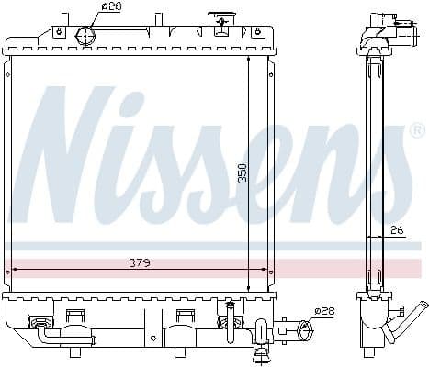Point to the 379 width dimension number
tap(140, 262)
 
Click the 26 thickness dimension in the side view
tap(395, 229)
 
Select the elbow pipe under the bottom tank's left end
tap(46, 334)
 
